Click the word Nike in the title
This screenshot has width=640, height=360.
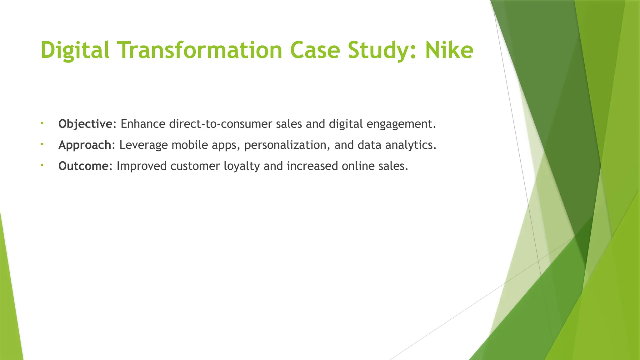click(x=449, y=50)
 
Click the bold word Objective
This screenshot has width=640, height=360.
click(x=85, y=124)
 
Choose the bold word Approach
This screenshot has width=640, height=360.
click(x=85, y=145)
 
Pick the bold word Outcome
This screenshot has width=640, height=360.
click(x=83, y=166)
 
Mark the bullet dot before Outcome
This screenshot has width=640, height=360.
click(x=42, y=165)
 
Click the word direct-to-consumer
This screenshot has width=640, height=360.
click(x=221, y=124)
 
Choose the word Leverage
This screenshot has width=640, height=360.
click(x=143, y=145)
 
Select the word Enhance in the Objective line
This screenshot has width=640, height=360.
click(x=143, y=124)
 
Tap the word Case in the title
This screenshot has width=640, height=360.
click(x=315, y=50)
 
